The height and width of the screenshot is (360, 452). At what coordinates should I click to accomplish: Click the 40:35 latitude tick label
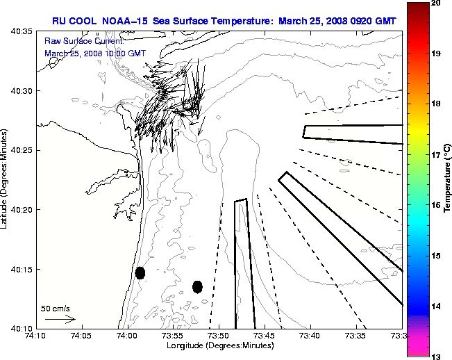point(19,32)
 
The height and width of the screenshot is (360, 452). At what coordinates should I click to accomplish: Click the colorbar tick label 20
point(436,3)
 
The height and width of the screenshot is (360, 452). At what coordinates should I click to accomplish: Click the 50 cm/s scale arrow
point(60,319)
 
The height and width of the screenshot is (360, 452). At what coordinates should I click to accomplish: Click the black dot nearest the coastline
point(140,272)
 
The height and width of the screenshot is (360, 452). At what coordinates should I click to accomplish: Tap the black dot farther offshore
point(197,286)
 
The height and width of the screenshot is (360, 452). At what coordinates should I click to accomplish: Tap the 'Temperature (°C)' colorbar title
point(448,180)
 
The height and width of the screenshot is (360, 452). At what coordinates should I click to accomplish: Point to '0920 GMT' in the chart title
point(370,21)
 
